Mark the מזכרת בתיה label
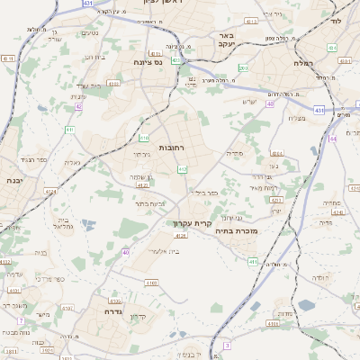coord(238,230)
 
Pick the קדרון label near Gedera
coord(138,316)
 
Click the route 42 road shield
coord(79,106)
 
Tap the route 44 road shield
coord(332,139)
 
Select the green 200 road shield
coord(243,67)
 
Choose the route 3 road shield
coord(228,345)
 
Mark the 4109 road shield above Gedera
coord(148,282)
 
